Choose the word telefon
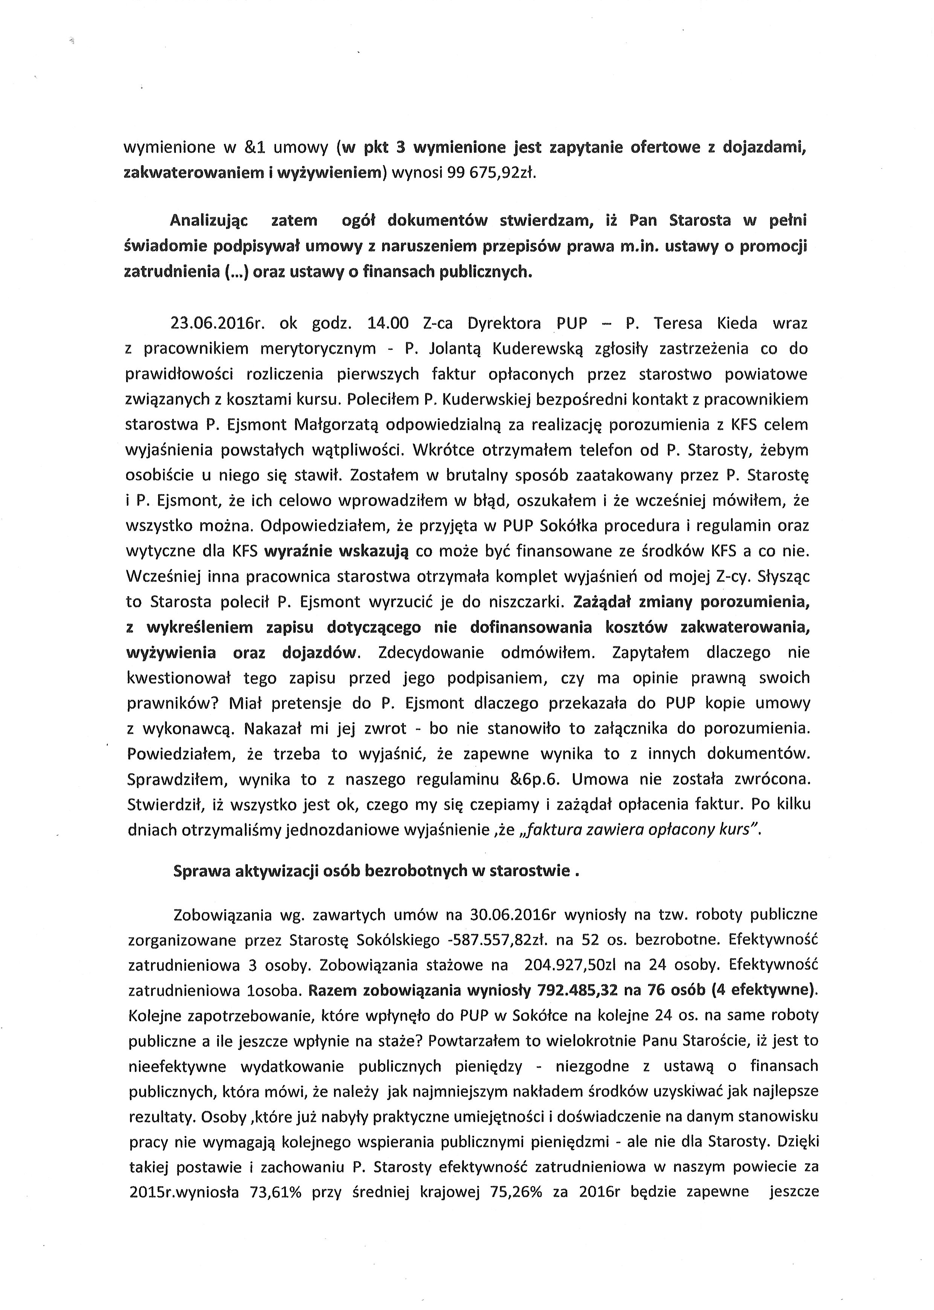tap(600, 450)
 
